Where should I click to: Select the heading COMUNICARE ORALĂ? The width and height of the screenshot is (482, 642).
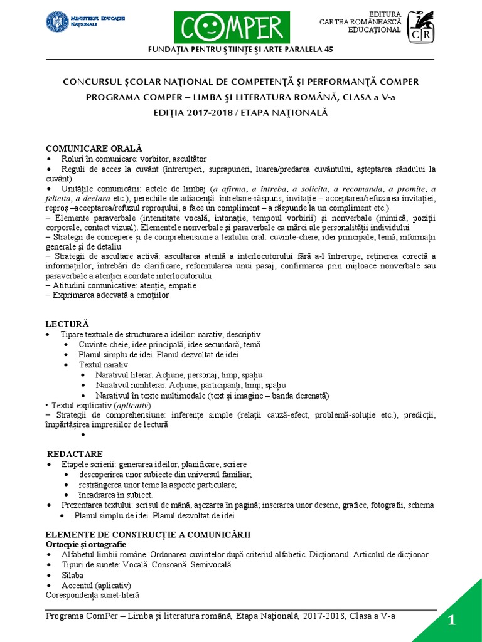tap(90, 148)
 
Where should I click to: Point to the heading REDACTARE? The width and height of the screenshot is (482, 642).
tap(75, 453)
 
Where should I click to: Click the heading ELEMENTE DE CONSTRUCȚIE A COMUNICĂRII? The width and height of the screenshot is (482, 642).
tap(148, 534)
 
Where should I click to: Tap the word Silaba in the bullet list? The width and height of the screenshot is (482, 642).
tap(72, 574)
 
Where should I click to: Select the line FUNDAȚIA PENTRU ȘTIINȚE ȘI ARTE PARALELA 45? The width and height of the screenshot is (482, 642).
tap(240, 50)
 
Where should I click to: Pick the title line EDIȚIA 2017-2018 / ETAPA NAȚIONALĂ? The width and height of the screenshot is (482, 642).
tap(240, 113)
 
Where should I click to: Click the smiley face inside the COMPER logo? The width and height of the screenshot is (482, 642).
tap(212, 29)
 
